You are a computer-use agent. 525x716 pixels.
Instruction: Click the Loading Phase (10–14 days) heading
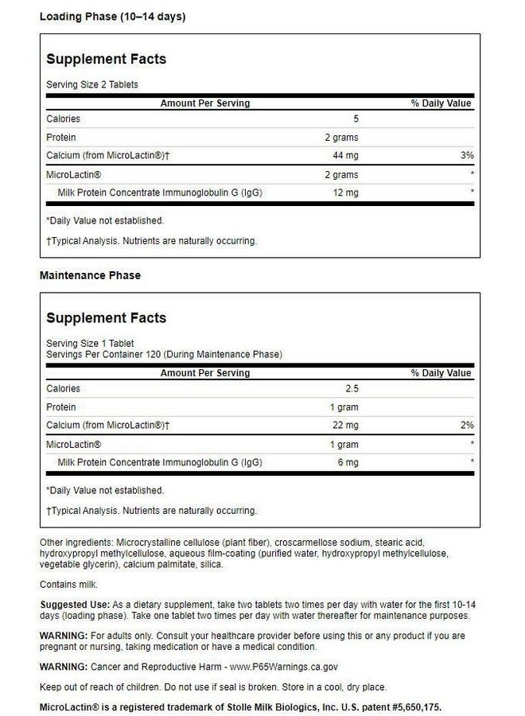click(x=112, y=17)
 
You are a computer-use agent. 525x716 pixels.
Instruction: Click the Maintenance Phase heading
click(x=90, y=275)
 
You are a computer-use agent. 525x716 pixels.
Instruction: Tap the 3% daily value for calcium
click(x=466, y=156)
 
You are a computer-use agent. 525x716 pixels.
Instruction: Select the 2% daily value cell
click(x=466, y=426)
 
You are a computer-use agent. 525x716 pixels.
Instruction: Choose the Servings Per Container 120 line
click(x=164, y=355)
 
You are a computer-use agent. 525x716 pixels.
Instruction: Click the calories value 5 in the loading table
click(x=356, y=119)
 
